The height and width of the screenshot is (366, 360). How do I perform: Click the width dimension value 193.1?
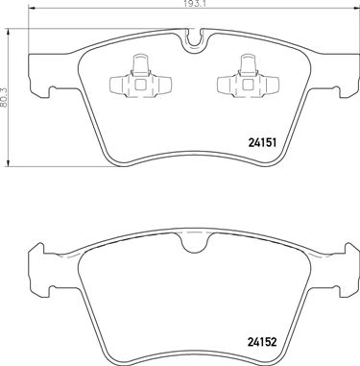coord(194,5)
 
